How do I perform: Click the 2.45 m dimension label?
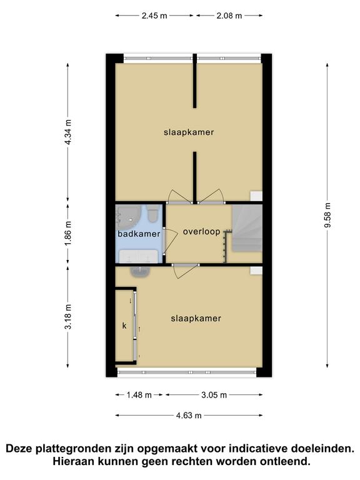click(154, 16)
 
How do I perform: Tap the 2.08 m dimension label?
click(229, 16)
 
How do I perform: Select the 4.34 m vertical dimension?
click(68, 132)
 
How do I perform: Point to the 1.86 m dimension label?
click(68, 233)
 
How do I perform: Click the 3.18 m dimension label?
click(68, 316)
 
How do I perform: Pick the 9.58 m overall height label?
click(327, 215)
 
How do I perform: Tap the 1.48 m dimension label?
click(139, 395)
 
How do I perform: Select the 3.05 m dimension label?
click(214, 395)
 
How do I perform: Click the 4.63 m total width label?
click(189, 416)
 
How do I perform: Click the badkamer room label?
click(139, 234)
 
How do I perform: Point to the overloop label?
click(202, 231)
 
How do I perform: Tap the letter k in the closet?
click(124, 326)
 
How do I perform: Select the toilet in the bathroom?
click(152, 214)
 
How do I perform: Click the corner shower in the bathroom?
click(128, 217)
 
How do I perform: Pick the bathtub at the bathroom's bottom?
click(138, 256)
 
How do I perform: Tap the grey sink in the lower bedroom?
click(141, 271)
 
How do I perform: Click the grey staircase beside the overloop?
click(247, 228)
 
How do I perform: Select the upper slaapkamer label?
click(189, 132)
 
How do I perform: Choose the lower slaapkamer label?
click(196, 318)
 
